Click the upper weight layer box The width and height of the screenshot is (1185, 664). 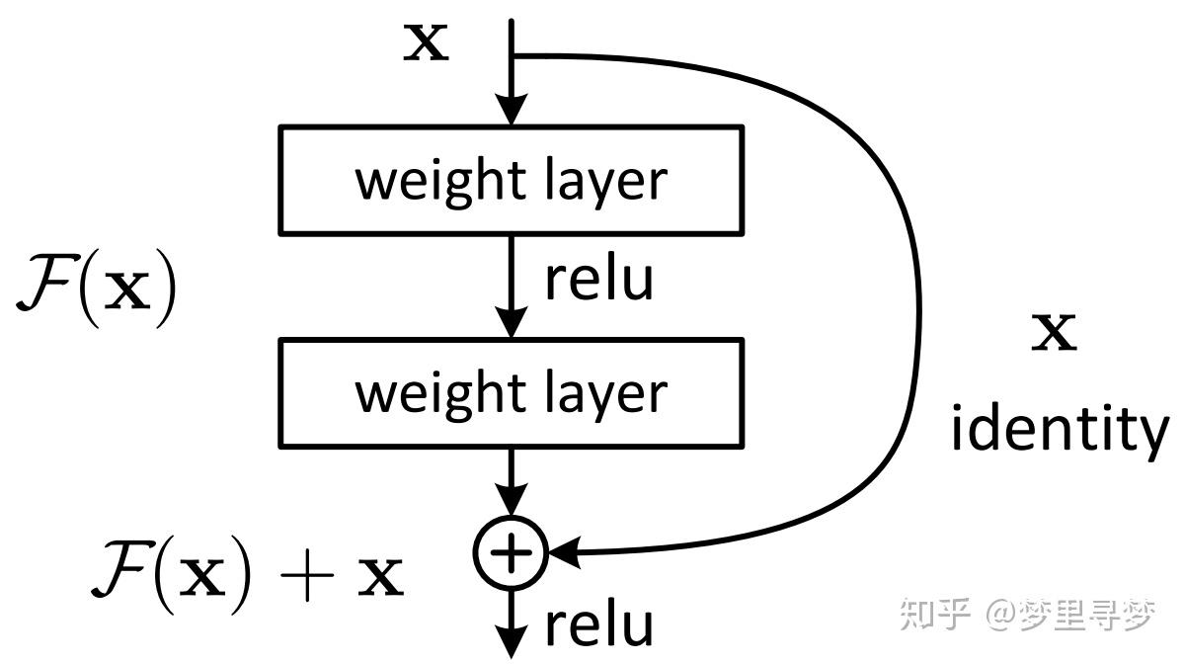[x=511, y=180]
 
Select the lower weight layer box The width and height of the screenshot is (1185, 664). [x=511, y=392]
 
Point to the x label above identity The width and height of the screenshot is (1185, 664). [x=1054, y=334]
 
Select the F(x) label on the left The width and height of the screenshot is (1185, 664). [x=96, y=288]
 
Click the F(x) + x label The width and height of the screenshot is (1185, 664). [x=247, y=575]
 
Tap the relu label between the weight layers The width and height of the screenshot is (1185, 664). [x=599, y=279]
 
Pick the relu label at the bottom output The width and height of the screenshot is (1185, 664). [x=599, y=624]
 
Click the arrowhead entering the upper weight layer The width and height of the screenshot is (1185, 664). [x=511, y=111]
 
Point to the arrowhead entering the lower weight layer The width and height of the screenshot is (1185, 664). [x=511, y=323]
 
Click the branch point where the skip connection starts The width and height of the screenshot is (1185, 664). [x=512, y=55]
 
